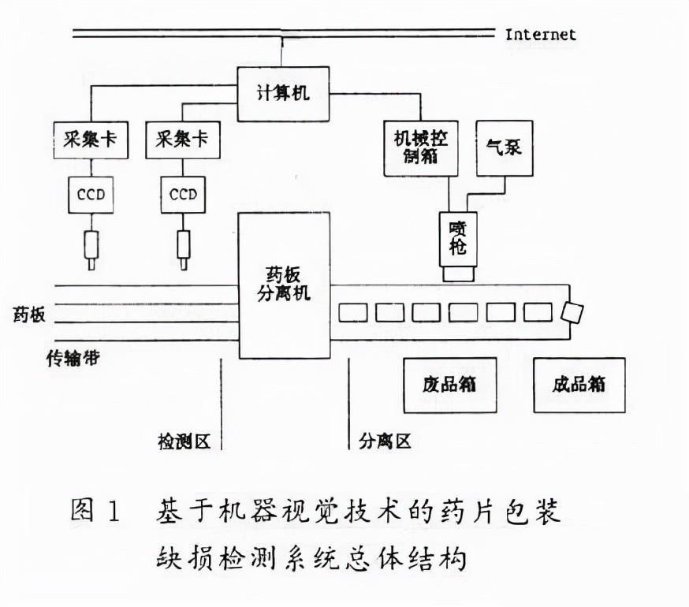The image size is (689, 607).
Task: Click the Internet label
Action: click(540, 34)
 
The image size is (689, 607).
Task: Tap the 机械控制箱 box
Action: click(420, 148)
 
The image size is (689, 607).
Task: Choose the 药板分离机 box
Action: click(285, 285)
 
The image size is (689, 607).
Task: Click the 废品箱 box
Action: click(449, 385)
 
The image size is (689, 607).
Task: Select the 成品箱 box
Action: click(579, 385)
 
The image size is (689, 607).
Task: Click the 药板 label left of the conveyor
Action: click(29, 315)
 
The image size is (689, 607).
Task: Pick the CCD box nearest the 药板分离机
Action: click(183, 194)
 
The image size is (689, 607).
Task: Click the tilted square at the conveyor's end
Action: click(571, 312)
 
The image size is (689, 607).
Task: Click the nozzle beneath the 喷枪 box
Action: click(458, 274)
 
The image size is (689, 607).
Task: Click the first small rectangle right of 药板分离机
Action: click(353, 312)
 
